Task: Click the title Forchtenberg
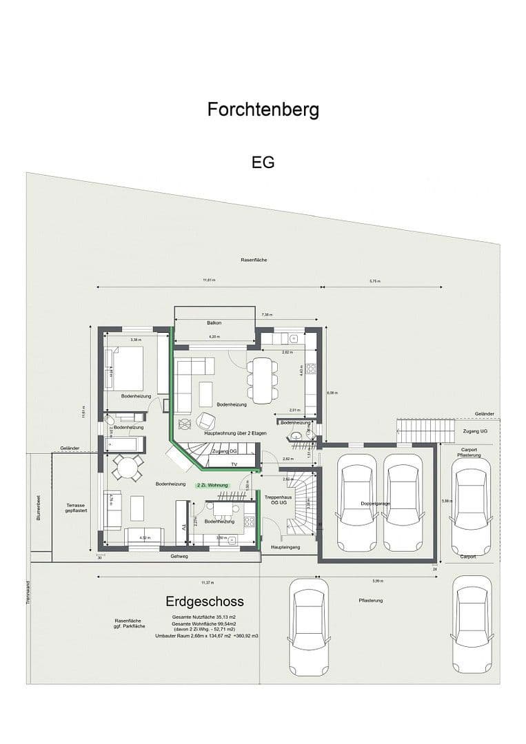click(x=263, y=110)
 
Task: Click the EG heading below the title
click(x=263, y=163)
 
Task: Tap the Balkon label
click(x=214, y=323)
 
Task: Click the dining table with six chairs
click(x=262, y=379)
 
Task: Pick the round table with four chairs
click(x=127, y=468)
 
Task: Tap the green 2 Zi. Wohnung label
click(x=212, y=486)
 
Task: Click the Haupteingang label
click(x=283, y=547)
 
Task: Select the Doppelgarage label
click(x=375, y=504)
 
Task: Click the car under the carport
click(x=470, y=505)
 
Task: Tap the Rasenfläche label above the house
click(x=254, y=260)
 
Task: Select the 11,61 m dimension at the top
click(x=209, y=280)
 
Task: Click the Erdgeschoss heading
click(x=205, y=601)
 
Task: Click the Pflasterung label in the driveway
click(x=370, y=601)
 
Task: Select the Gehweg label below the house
click(x=180, y=556)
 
